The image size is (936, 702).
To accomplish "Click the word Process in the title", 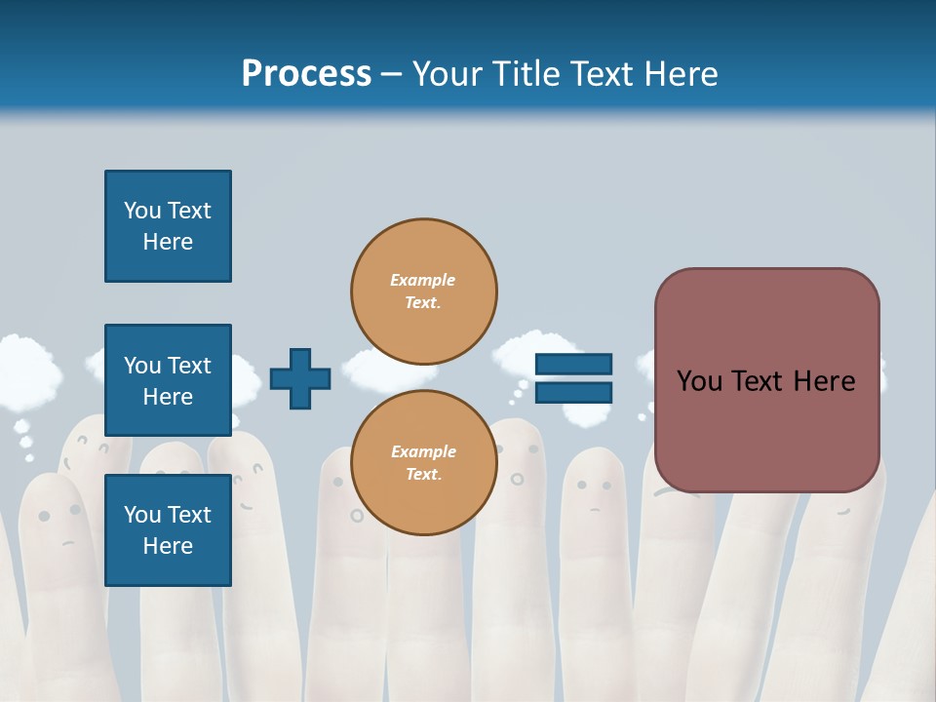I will point(306,74).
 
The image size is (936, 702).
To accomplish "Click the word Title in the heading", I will point(525,74).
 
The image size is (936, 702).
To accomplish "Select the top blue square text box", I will point(168,226).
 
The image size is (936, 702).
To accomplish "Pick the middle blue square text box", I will point(168,380).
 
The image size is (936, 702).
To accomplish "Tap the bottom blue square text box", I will point(168,530).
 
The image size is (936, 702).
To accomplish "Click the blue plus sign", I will point(300,378).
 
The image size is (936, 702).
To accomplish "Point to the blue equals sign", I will point(574,378).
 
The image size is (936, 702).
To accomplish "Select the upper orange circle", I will point(424,291).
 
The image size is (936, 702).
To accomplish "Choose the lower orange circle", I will point(424,462).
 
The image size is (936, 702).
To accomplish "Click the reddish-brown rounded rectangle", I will point(766,380).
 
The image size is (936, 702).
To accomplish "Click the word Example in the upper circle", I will point(422,280).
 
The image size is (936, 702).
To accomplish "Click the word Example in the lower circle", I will point(422,451).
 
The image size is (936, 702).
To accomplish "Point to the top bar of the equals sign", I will point(574,365).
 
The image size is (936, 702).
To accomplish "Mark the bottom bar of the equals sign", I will point(574,392).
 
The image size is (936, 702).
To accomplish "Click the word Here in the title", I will point(682,74).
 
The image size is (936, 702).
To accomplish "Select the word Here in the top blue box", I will point(168,242).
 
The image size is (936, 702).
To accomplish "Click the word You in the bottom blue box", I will point(142,515).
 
